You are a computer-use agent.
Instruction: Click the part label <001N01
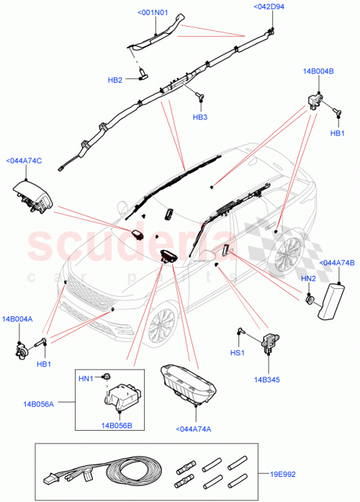[x=152, y=12]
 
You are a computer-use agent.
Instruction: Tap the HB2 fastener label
[x=115, y=79]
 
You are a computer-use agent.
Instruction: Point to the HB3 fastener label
[x=199, y=117]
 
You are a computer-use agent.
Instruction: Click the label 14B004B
[x=318, y=72]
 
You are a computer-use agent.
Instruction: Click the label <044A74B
[x=336, y=264]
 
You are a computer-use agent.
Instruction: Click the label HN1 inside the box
[x=86, y=378]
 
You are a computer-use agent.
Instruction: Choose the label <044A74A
[x=194, y=430]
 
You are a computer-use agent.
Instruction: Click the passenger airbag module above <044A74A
[x=189, y=382]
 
